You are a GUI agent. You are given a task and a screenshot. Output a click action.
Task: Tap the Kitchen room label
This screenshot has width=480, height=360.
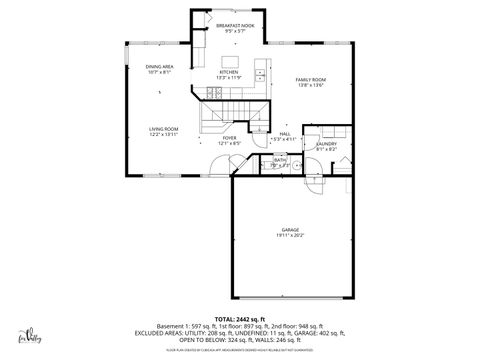(230, 72)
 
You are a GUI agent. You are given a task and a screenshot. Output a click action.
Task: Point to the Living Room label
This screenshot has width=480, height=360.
(164, 129)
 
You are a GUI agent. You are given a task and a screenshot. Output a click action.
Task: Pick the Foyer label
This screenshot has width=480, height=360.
(229, 138)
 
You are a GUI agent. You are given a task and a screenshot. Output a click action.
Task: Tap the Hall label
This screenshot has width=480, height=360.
(285, 133)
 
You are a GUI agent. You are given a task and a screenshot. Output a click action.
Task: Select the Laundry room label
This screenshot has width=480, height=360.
(326, 143)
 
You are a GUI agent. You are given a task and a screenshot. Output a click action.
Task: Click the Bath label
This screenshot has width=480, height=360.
(280, 159)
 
